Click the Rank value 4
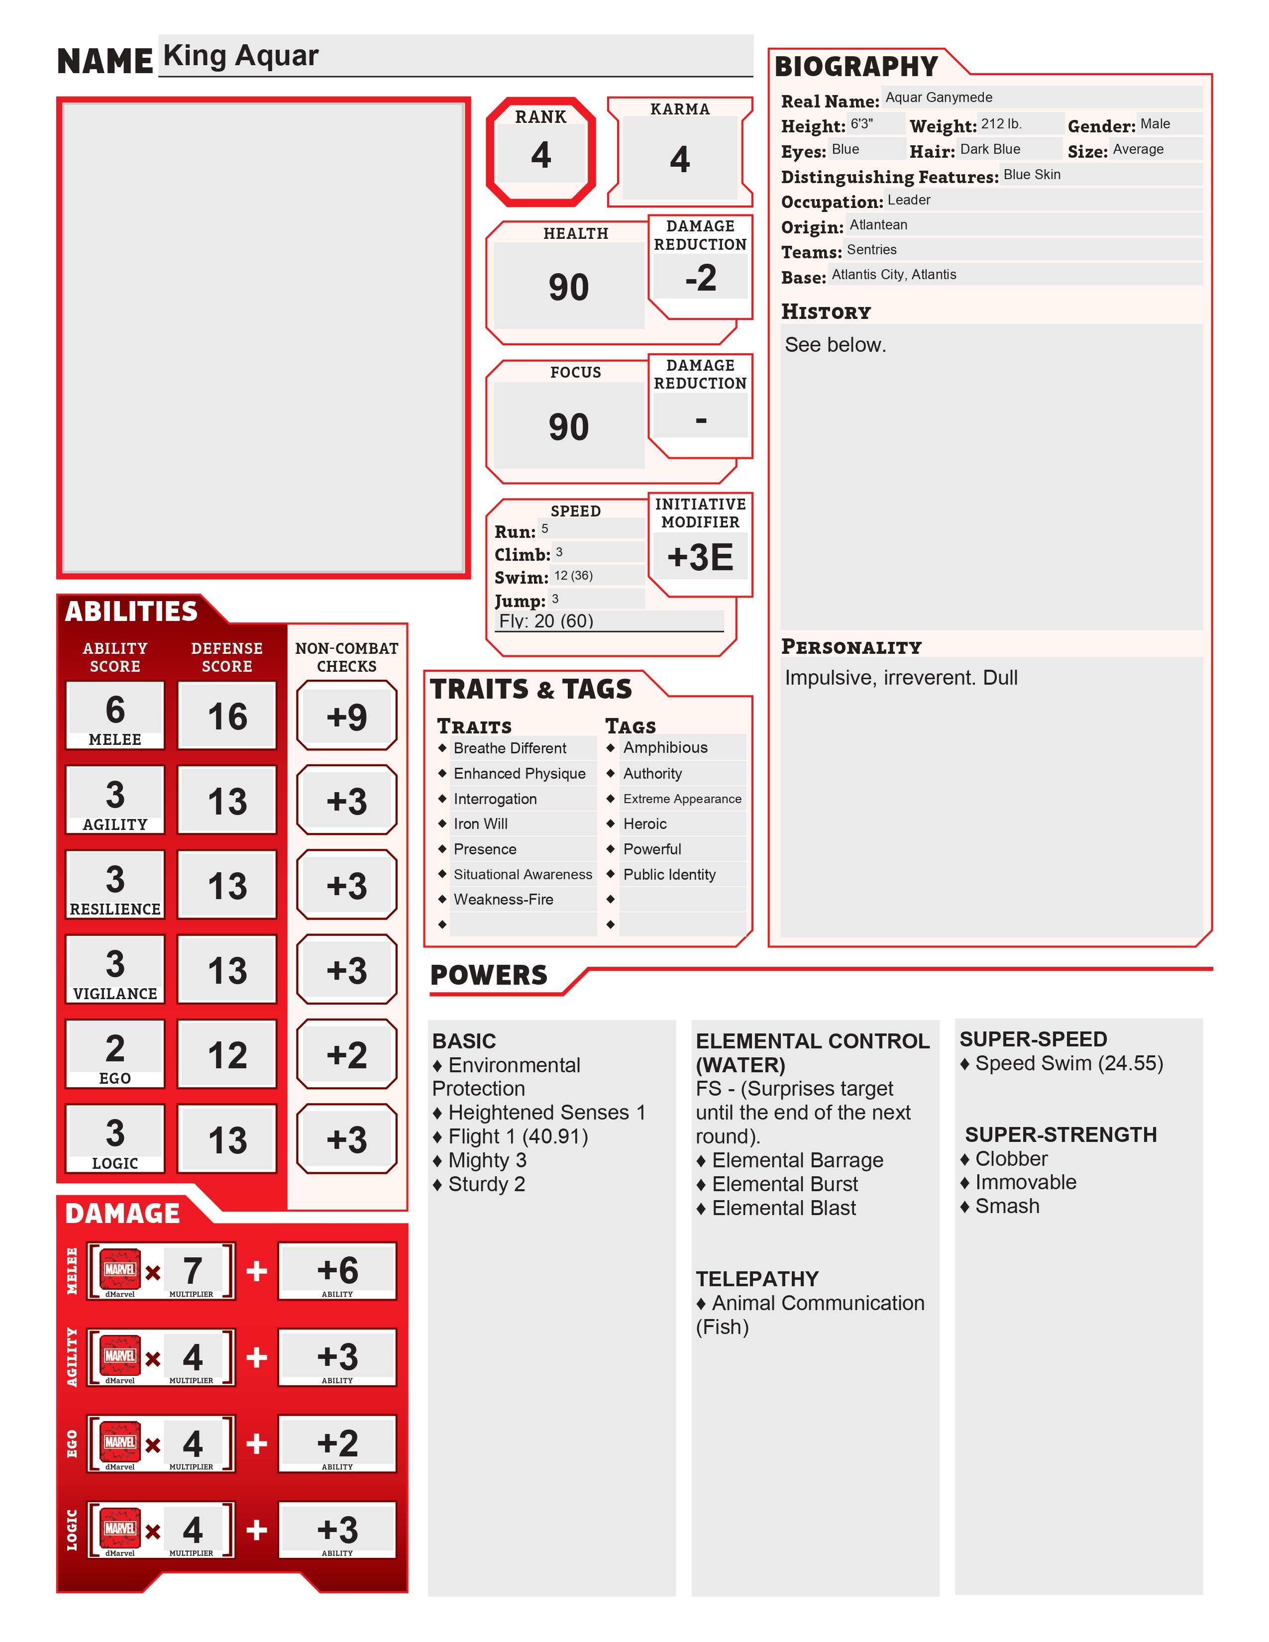click(540, 155)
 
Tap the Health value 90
click(568, 287)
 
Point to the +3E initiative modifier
click(700, 557)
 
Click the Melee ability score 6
click(115, 709)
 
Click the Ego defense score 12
click(227, 1055)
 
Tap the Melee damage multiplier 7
click(193, 1270)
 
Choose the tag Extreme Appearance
click(682, 799)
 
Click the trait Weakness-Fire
click(503, 899)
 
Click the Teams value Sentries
click(871, 250)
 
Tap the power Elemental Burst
click(784, 1184)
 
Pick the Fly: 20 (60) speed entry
click(546, 621)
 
